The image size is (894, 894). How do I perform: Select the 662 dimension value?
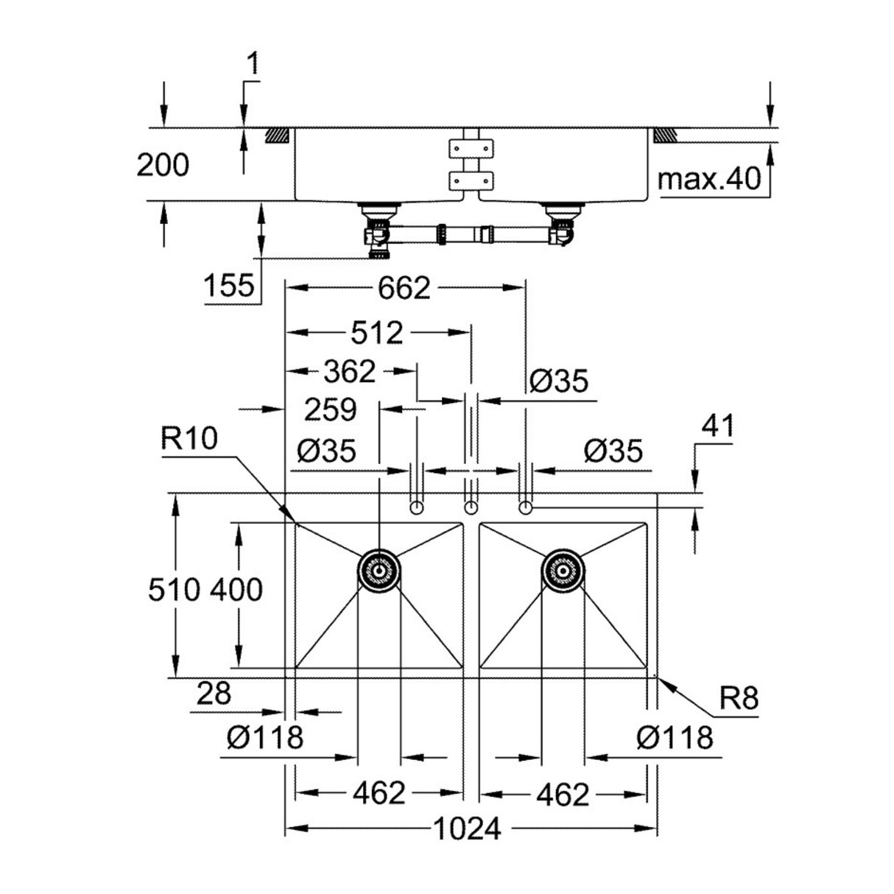coord(404,288)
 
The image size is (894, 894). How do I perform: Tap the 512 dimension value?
coord(376,334)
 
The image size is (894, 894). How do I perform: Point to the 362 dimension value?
coord(349,372)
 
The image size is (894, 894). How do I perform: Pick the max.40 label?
coord(708,179)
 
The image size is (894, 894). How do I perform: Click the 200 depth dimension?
coord(162,166)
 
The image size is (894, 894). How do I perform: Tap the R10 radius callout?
coord(189,440)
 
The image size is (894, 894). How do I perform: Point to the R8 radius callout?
coord(738,698)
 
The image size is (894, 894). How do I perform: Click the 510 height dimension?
coord(174,589)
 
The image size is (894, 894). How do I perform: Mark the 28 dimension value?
coord(214,693)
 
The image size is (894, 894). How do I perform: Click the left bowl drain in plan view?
coord(379,571)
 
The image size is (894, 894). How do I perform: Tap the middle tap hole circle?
coord(471,507)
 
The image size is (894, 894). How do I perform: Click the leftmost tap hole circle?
coord(417,507)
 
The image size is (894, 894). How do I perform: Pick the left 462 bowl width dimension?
coord(379,794)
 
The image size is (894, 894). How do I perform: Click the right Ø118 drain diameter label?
coord(676,736)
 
